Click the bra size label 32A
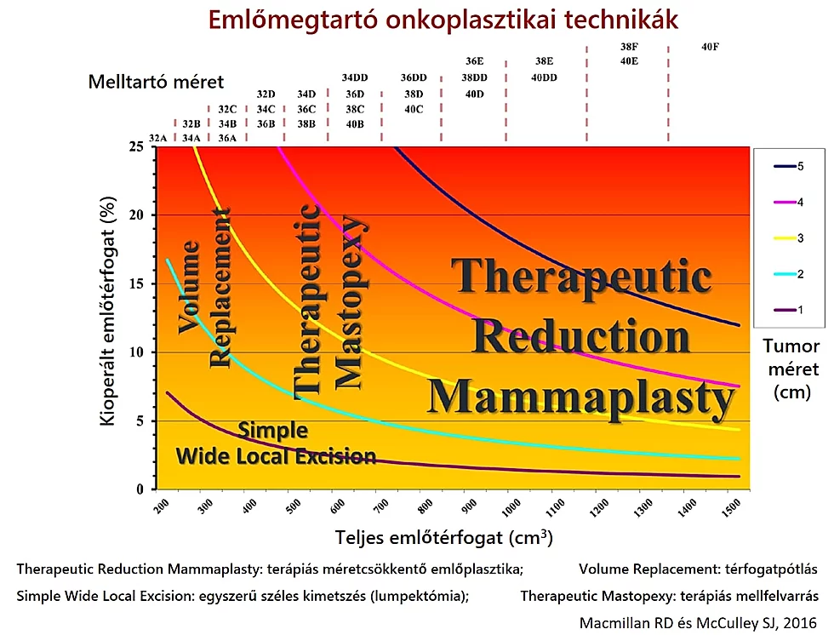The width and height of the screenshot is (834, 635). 157,138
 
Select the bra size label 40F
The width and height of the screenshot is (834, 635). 711,48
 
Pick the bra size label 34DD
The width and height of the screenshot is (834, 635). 355,77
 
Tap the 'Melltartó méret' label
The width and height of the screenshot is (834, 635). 156,82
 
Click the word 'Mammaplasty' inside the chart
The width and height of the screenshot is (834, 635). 580,397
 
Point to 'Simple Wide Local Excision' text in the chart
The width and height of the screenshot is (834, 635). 276,443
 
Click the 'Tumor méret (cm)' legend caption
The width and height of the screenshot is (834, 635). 792,369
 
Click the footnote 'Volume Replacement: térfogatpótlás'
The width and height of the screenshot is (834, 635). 698,569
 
